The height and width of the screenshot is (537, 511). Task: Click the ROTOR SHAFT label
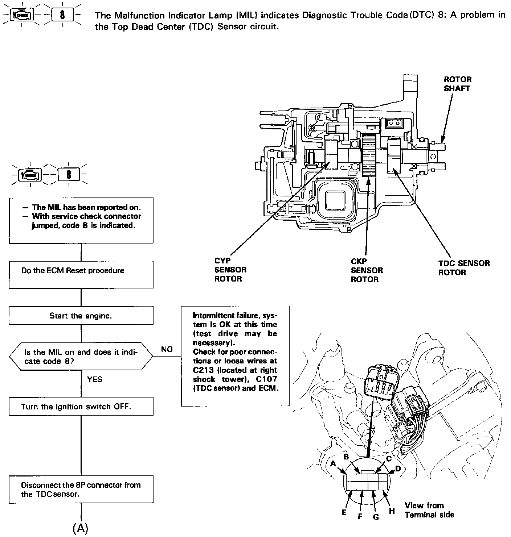457,84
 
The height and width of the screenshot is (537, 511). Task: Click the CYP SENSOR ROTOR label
230,270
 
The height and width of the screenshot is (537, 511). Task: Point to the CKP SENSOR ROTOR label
367,270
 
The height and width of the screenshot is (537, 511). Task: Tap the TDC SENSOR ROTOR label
464,268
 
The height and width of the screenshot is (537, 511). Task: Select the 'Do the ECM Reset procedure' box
81,275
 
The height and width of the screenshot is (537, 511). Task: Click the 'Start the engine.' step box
81,316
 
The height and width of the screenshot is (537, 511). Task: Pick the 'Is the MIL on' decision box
81,357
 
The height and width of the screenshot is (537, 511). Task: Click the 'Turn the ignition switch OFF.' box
81,407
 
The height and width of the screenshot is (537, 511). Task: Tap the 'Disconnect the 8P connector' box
81,490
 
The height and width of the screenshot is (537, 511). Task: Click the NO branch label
167,349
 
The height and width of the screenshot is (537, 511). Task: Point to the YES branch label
95,379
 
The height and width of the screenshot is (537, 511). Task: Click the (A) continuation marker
81,528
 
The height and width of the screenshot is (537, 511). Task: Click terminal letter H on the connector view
392,511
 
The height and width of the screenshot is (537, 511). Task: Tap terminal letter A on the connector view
334,463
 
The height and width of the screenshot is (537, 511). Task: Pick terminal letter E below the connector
344,512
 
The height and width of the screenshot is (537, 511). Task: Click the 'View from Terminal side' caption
429,510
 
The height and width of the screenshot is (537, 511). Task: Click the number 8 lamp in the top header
63,15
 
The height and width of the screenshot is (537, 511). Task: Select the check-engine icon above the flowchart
30,175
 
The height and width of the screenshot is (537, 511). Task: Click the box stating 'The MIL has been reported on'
81,220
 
